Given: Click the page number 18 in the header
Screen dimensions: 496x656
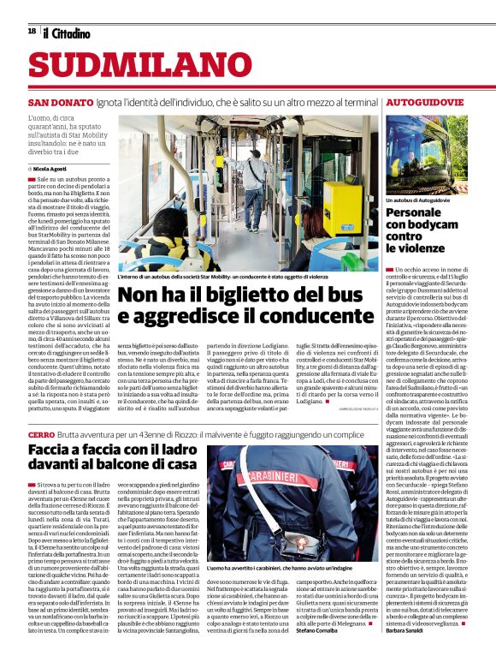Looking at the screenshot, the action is tap(32, 32).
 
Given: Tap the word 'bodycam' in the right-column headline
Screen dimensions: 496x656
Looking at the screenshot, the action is tap(419, 224).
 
